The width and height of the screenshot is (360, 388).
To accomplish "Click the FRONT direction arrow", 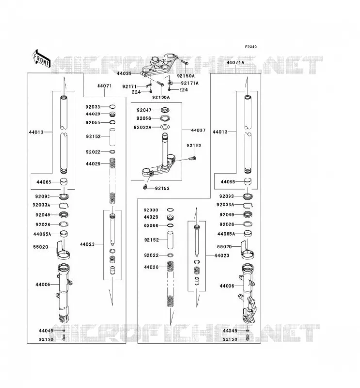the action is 42,59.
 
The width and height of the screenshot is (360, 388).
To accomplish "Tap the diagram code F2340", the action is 251,47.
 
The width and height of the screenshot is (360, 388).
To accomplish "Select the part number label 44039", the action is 124,74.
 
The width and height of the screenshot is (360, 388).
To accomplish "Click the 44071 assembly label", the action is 104,86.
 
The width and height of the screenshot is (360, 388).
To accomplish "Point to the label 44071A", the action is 235,63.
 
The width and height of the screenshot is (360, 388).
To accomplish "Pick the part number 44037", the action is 198,130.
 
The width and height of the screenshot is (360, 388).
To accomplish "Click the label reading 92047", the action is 144,110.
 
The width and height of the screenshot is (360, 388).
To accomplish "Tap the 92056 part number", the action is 144,118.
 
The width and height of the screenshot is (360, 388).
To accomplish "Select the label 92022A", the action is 143,127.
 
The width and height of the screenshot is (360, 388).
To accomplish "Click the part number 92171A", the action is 190,83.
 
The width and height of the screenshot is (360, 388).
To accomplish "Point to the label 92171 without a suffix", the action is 130,87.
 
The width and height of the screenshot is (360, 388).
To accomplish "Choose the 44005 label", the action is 43,284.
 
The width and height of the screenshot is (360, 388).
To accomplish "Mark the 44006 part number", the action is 227,286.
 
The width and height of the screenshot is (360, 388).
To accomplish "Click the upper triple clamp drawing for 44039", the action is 159,66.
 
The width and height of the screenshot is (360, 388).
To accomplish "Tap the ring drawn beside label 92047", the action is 165,110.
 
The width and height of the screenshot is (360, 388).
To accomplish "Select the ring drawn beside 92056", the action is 165,118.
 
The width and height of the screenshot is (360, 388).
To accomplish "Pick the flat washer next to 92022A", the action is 165,127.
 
